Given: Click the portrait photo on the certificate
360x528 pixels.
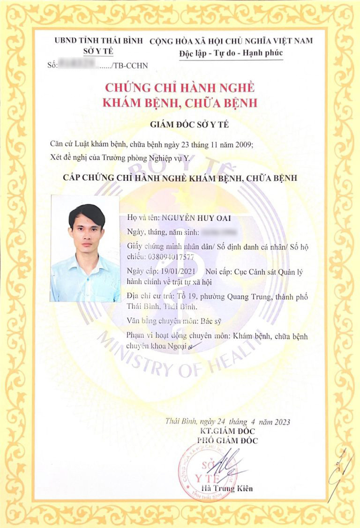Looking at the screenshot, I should point(85,248).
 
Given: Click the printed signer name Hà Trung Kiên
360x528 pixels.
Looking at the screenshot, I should point(226,489).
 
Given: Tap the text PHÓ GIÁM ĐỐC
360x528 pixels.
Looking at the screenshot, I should point(227,440).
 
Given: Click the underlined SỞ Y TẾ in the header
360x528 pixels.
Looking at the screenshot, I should point(98,51).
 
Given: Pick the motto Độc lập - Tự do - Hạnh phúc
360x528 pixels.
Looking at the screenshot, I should point(231,53).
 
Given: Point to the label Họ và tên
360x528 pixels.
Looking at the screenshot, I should point(142,218).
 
